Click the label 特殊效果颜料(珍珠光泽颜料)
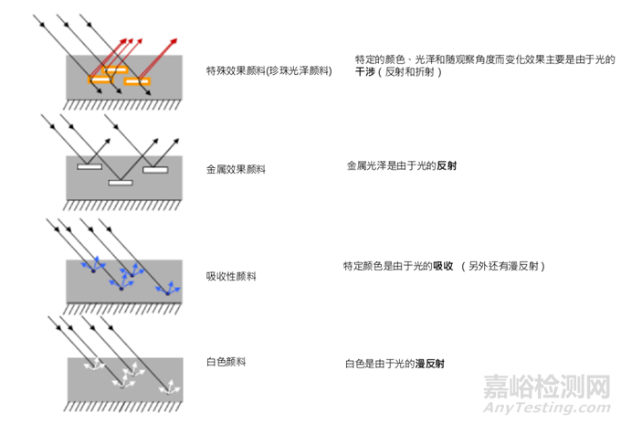(x=269, y=69)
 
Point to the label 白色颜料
(x=226, y=361)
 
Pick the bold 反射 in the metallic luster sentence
(x=447, y=167)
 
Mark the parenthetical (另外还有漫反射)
(x=505, y=266)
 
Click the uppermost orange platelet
(x=116, y=69)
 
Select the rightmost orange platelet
(x=137, y=80)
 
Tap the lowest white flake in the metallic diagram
(x=121, y=183)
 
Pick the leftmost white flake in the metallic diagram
(x=89, y=167)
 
